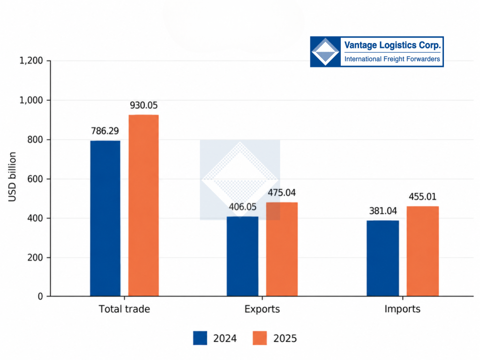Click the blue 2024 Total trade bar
pos(105,218)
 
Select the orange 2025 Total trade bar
pos(143,205)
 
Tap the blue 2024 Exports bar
pos(242,256)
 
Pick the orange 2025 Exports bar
pos(282,249)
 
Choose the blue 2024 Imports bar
pos(382,258)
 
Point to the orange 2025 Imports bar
pos(422,251)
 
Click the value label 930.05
pos(143,105)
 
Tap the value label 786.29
pos(105,131)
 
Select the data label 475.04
pos(282,193)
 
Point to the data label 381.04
pos(383,211)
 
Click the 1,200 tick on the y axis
pos(31,60)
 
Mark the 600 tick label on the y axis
pos(35,179)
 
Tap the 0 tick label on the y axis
pos(40,296)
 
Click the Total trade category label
pos(124,309)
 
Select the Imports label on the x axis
pos(402,309)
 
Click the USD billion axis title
pos(12,177)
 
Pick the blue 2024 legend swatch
pos(200,338)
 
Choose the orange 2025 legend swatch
pos(260,338)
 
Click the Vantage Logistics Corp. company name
pos(392,45)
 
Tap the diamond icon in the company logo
pos(325,52)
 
